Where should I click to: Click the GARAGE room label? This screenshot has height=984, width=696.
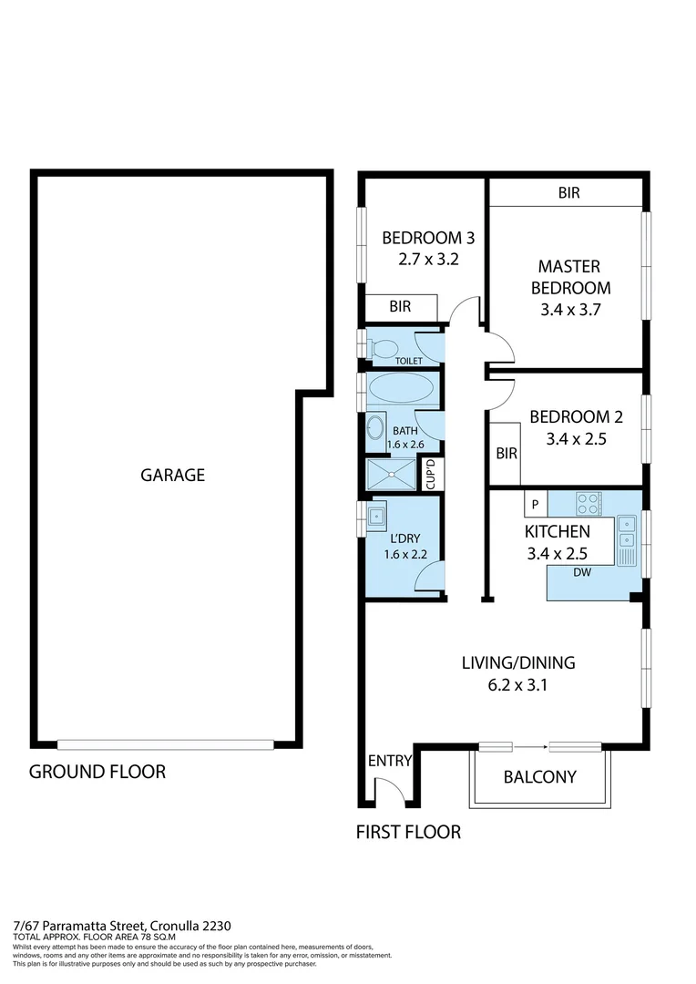172,475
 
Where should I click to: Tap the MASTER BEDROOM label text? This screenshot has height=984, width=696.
568,277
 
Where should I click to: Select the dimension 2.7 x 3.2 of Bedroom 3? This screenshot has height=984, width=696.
427,259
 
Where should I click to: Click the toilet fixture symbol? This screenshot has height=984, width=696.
383,347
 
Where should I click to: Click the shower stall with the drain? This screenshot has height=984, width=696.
390,475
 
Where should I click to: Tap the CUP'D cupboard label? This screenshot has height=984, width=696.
432,475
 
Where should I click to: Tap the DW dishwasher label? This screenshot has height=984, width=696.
582,573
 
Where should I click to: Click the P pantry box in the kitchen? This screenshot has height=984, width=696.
535,504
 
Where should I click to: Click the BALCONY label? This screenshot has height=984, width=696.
540,777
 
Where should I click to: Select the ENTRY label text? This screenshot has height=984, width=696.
390,761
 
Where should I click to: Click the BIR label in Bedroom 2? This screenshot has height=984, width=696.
506,453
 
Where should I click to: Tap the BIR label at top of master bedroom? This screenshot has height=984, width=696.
568,193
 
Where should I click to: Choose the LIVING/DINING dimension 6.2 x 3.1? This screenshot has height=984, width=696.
517,685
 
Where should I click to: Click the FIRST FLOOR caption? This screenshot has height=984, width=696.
408,831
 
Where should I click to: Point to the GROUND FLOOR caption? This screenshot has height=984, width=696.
97,772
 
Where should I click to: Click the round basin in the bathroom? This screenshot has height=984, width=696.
375,427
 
